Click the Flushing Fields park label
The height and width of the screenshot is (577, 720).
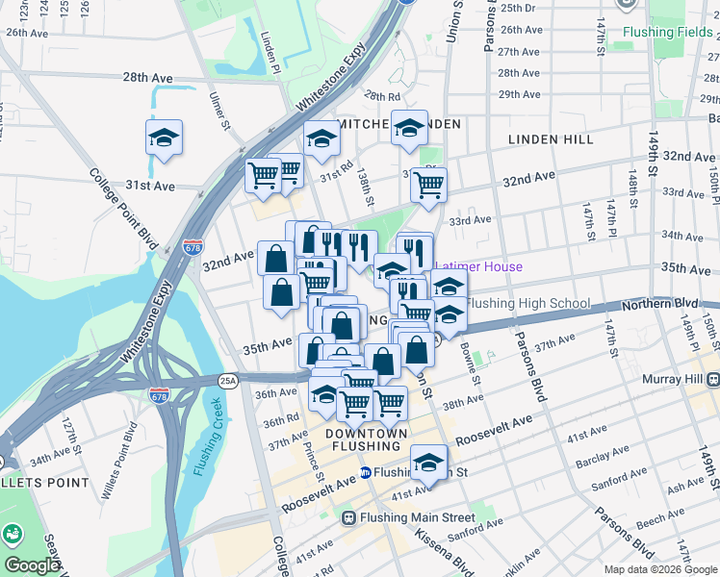669,32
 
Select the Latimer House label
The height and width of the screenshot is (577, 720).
478,266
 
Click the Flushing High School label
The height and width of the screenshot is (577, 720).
527,304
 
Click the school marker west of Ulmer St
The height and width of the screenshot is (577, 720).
164,138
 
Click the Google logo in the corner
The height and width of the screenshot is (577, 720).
32,565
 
